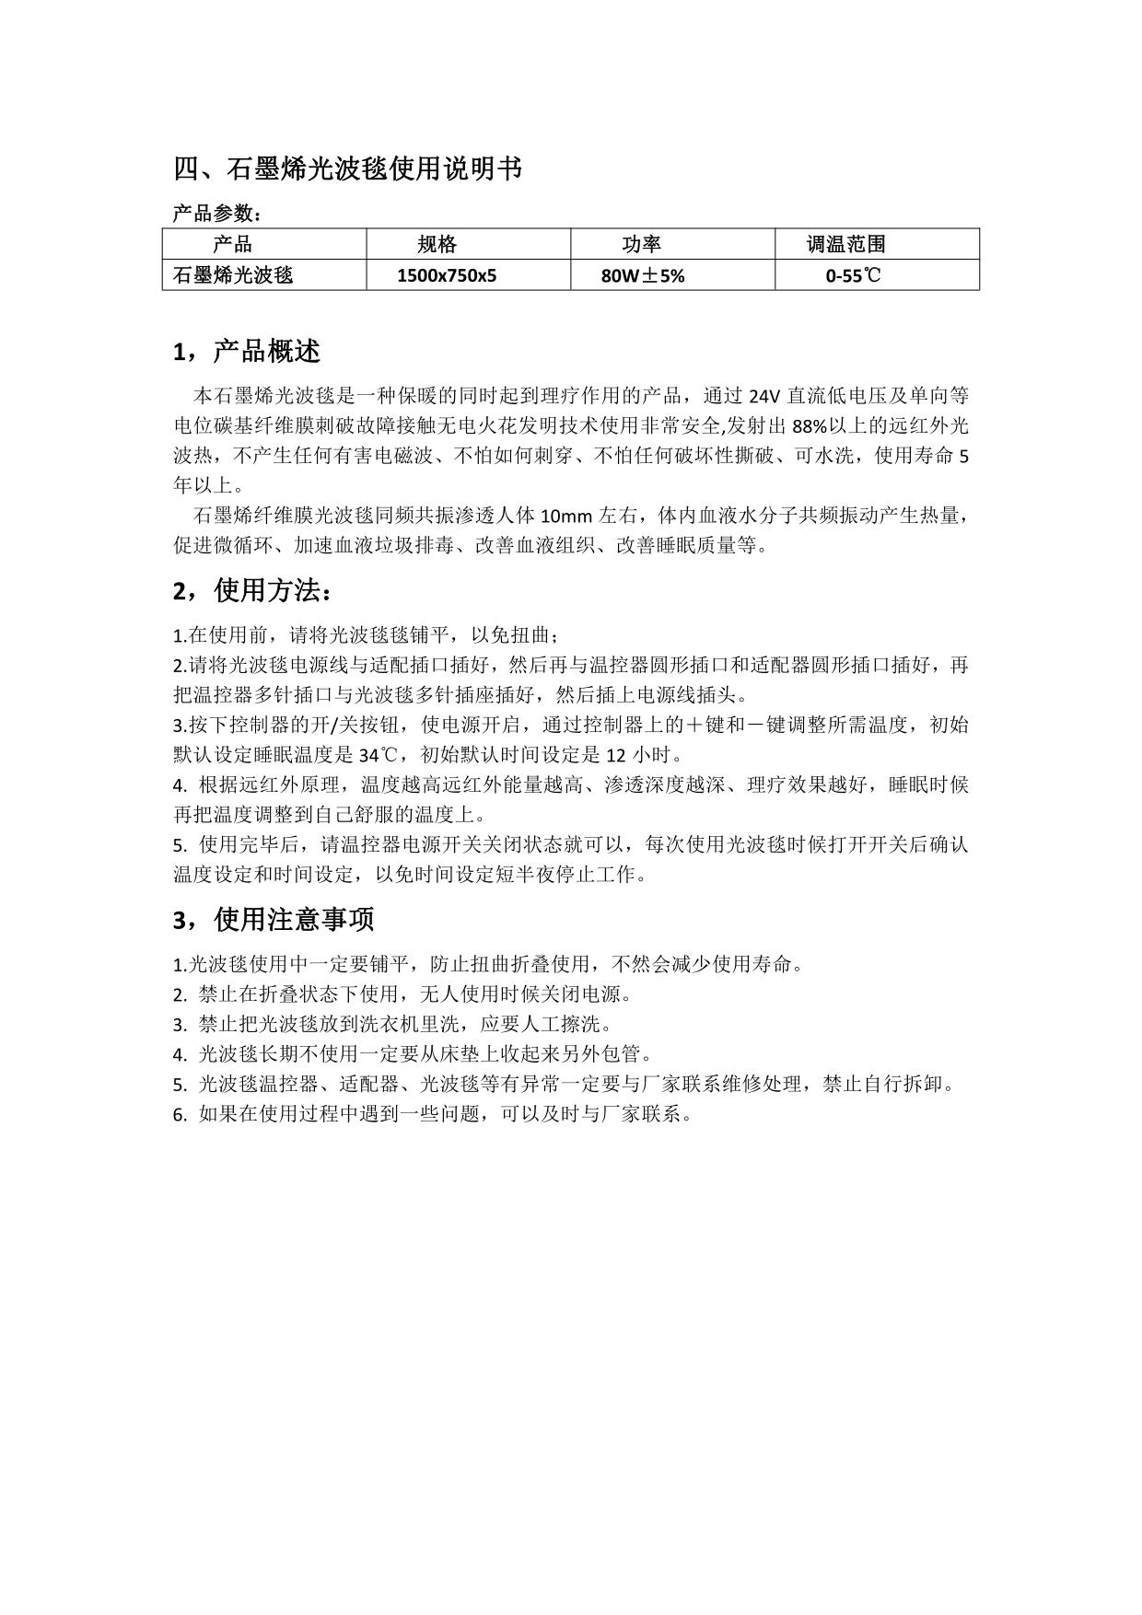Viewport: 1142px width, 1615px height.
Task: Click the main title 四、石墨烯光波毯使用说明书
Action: pyautogui.click(x=348, y=169)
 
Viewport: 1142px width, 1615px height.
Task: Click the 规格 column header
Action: pyautogui.click(x=437, y=244)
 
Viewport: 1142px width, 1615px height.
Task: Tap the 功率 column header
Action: pyautogui.click(x=642, y=244)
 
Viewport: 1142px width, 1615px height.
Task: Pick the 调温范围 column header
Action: pyautogui.click(x=845, y=244)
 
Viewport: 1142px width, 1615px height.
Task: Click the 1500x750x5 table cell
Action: pyautogui.click(x=447, y=275)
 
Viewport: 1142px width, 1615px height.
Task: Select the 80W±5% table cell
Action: pyautogui.click(x=643, y=275)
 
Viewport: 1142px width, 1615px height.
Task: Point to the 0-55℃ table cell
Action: pyautogui.click(x=853, y=275)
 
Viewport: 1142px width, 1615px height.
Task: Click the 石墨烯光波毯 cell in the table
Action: pyautogui.click(x=233, y=275)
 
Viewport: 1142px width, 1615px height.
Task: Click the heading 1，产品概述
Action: pyautogui.click(x=247, y=351)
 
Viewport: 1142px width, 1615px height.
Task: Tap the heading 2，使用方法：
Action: pyautogui.click(x=253, y=590)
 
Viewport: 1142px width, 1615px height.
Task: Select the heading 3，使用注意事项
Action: pyautogui.click(x=274, y=919)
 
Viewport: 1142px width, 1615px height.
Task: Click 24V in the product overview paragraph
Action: pyautogui.click(x=763, y=397)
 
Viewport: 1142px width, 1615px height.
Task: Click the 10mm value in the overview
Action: pyautogui.click(x=563, y=515)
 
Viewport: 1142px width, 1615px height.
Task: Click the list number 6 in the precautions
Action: pyautogui.click(x=179, y=1114)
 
